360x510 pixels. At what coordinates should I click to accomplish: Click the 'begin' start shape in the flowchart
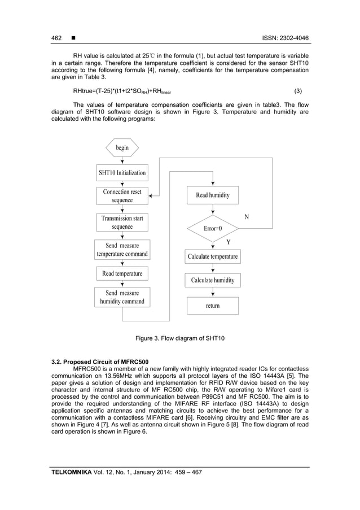click(x=122, y=147)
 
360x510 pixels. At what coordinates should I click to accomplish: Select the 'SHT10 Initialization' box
click(x=122, y=172)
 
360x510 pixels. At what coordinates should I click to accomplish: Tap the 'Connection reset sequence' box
click(x=122, y=196)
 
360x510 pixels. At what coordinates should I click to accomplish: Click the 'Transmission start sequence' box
click(x=122, y=222)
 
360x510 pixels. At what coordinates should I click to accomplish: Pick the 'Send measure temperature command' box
click(x=122, y=250)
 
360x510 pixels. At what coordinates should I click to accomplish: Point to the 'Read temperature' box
click(x=122, y=274)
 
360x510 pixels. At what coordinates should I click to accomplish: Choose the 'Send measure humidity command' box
click(x=122, y=297)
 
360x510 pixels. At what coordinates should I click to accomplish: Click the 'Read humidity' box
click(x=213, y=195)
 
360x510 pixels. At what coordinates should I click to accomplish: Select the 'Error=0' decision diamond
click(x=213, y=229)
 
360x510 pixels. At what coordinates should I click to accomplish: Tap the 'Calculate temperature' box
click(x=213, y=256)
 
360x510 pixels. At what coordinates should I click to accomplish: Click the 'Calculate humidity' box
click(x=213, y=280)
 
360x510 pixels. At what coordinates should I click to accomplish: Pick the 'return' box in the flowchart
click(x=213, y=306)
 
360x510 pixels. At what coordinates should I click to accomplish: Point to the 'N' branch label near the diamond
click(x=246, y=217)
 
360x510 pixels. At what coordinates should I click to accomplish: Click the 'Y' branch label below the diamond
click(x=229, y=241)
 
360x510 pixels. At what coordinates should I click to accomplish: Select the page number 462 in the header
click(x=56, y=38)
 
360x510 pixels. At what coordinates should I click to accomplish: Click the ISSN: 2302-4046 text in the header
click(x=284, y=38)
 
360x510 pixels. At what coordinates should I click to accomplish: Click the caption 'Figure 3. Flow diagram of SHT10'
click(x=180, y=338)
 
